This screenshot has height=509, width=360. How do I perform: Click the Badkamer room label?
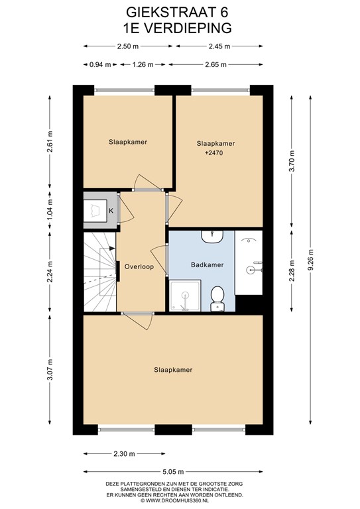(x=207, y=265)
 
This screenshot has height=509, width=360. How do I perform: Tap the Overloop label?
(x=139, y=267)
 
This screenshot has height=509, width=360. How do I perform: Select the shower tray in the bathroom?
(x=185, y=296)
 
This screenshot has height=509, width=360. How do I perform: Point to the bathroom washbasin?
(x=212, y=237)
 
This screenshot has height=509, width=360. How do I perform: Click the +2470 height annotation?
(x=214, y=153)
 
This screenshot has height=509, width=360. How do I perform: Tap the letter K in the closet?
(x=111, y=211)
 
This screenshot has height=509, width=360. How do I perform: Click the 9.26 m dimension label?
(x=311, y=260)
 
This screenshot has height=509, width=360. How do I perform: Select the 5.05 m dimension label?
(x=173, y=472)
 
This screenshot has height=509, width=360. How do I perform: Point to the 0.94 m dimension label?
(x=100, y=64)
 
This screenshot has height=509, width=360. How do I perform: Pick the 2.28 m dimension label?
(x=292, y=270)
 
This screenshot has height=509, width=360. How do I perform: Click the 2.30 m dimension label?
(x=125, y=454)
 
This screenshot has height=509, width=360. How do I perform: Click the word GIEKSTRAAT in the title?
(x=169, y=13)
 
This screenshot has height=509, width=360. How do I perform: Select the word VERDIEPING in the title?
(x=188, y=28)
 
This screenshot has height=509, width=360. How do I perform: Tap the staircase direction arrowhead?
(x=112, y=249)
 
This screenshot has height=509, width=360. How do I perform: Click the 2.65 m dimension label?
(x=216, y=64)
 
